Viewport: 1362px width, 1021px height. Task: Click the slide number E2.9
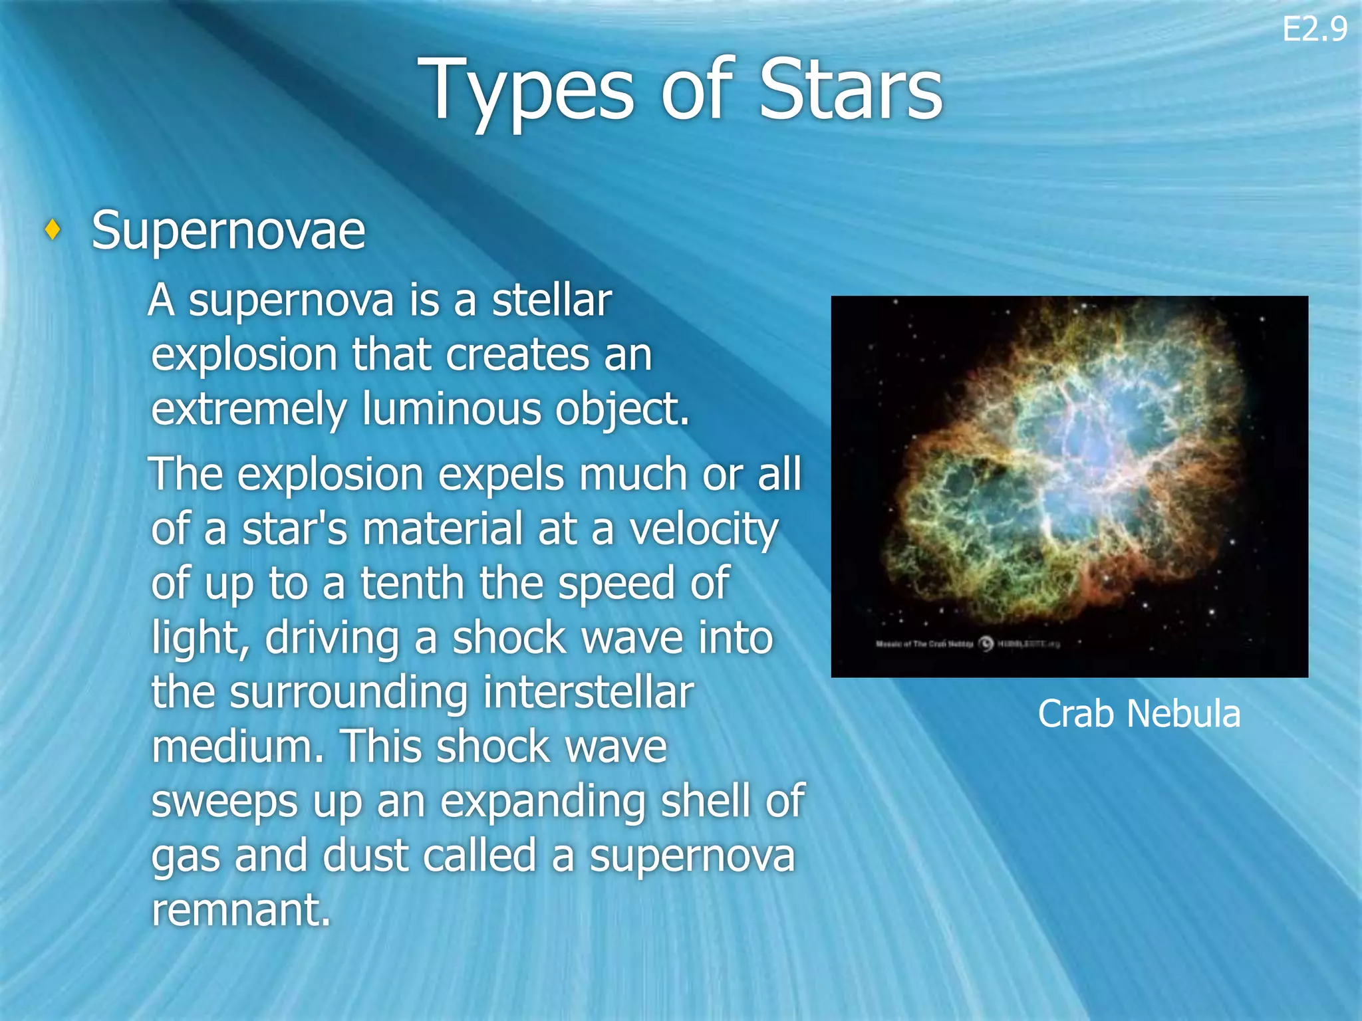point(1314,30)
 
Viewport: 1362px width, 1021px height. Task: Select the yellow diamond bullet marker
point(53,230)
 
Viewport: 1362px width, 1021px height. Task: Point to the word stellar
point(551,300)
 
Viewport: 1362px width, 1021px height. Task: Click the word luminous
point(452,409)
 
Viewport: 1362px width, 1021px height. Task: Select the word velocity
point(704,530)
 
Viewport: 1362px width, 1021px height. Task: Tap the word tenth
point(412,584)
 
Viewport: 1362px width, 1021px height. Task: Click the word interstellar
point(589,693)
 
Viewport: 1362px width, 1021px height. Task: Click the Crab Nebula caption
point(1139,714)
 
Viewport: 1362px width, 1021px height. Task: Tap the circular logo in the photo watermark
point(986,643)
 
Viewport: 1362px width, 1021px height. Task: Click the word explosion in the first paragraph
point(244,356)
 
